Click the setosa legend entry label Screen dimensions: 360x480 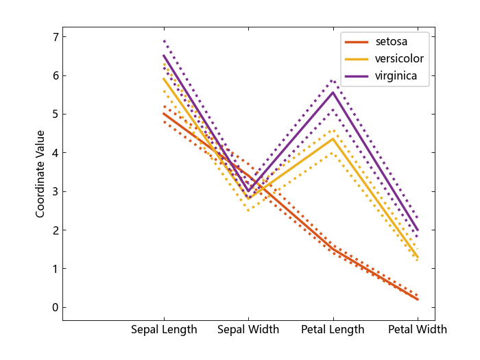click(391, 42)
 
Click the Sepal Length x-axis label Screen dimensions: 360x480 click(164, 330)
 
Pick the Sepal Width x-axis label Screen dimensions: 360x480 click(248, 330)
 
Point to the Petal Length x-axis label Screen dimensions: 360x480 click(333, 330)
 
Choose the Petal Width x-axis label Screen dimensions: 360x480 click(417, 330)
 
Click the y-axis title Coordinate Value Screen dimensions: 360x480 click(40, 173)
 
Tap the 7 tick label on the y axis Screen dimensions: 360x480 click(56, 36)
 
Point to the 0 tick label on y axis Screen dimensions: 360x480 click(56, 307)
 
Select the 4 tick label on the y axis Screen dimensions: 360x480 click(56, 152)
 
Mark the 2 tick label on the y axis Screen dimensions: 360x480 click(56, 230)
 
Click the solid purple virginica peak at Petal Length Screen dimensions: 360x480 click(333, 92)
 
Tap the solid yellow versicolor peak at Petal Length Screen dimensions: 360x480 click(333, 139)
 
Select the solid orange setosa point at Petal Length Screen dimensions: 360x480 click(333, 249)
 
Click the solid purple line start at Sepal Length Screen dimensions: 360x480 click(164, 56)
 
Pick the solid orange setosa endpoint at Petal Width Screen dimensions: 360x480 click(418, 299)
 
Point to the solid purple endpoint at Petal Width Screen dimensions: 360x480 click(418, 230)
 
